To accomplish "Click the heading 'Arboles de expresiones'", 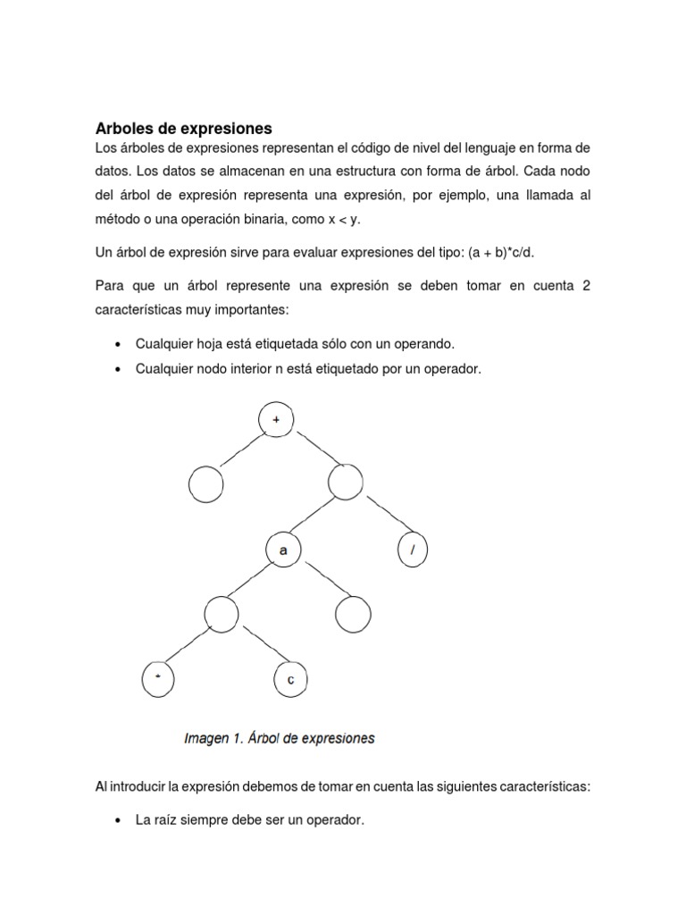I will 183,128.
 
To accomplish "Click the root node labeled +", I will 275,417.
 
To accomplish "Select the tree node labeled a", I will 283,551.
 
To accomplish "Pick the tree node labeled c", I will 289,680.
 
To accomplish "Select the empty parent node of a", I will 346,483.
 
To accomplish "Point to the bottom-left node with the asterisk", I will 159,680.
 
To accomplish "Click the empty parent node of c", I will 222,614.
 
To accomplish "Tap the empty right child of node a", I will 353,614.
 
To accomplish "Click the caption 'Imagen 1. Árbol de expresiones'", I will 279,739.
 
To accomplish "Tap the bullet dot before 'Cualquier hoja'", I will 120,345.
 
